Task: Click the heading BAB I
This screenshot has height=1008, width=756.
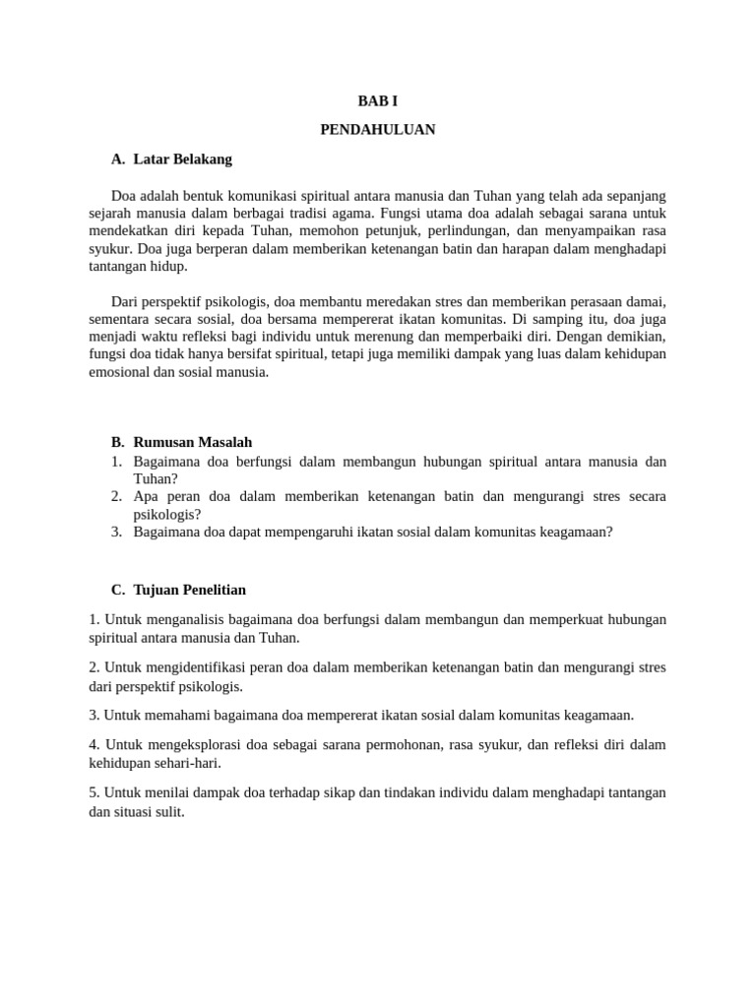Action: (x=378, y=100)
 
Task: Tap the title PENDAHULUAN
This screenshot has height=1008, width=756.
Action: (x=378, y=129)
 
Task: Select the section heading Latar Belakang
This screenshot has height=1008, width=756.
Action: (x=182, y=158)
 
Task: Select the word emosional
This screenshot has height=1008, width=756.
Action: (x=119, y=372)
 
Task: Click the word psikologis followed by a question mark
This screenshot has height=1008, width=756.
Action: (x=167, y=514)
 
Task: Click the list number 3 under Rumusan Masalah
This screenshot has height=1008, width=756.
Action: (x=115, y=532)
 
